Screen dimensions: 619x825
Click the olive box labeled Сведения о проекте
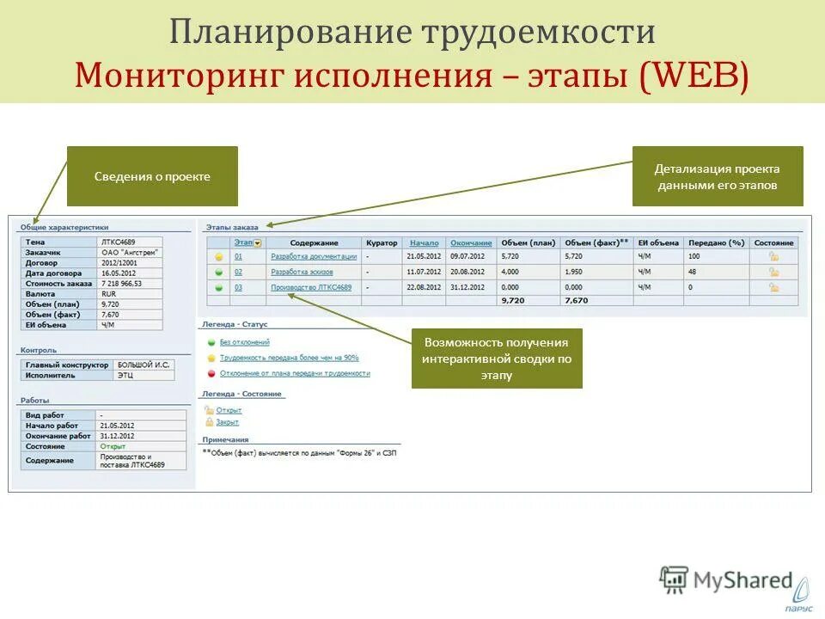152,176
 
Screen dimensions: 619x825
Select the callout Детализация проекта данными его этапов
718,176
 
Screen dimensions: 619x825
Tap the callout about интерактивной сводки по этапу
497,359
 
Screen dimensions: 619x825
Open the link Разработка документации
313,257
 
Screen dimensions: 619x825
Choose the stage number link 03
238,287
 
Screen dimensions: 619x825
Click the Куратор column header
381,243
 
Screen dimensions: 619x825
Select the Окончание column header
471,243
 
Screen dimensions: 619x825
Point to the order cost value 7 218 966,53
121,283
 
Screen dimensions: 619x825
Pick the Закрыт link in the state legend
228,422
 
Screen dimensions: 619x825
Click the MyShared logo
726,579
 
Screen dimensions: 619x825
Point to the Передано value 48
693,272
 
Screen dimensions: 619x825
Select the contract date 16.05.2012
120,273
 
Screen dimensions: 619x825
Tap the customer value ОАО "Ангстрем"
129,252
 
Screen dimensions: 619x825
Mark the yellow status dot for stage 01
218,257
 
